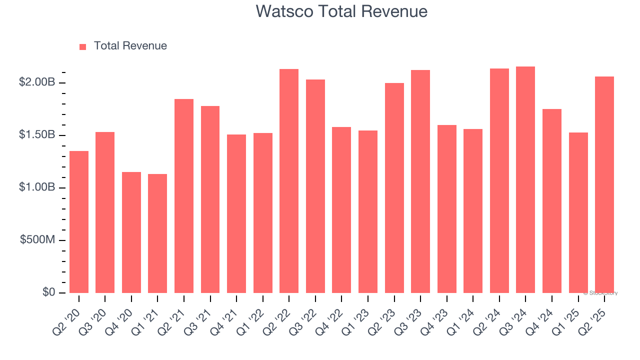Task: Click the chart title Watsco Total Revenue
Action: (341, 11)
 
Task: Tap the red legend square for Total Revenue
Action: (83, 46)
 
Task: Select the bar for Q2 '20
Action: (79, 222)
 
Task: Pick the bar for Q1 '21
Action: (157, 233)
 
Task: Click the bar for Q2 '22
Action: (289, 181)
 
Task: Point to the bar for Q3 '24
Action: (525, 180)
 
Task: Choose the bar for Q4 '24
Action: (552, 201)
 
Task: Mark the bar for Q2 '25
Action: (604, 185)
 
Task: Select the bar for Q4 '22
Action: (341, 210)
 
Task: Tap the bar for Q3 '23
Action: (420, 181)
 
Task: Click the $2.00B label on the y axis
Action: (36, 82)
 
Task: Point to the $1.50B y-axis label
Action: (36, 135)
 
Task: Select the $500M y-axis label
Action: (37, 240)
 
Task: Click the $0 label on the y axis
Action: (48, 292)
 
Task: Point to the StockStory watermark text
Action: (600, 293)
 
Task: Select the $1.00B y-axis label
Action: (36, 187)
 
